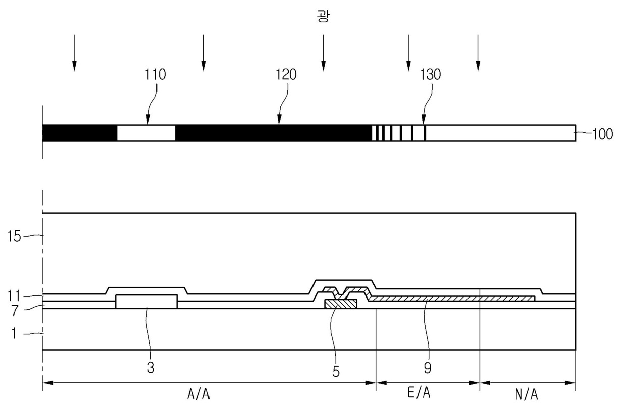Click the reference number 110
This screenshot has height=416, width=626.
pos(155,75)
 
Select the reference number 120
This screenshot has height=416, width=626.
pos(286,75)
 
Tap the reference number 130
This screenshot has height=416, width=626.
pos(430,75)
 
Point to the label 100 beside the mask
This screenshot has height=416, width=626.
pos(603,134)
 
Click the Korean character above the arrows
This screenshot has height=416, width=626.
pos(323,16)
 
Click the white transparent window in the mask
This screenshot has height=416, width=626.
pos(146,133)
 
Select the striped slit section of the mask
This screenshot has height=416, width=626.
pos(399,133)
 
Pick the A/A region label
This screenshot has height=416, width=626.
pos(198,394)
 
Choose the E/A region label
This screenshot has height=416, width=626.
pos(419,393)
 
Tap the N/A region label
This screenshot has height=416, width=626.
pos(527,394)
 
